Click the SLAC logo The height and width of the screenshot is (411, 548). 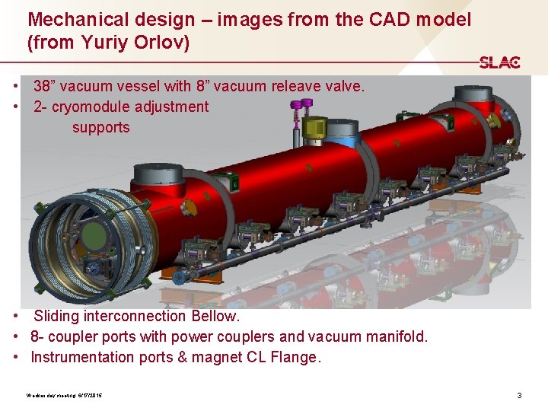coord(499,62)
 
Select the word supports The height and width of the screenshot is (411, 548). coord(100,127)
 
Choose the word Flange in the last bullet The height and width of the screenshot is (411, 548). coord(294,357)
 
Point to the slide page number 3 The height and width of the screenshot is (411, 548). coord(519,395)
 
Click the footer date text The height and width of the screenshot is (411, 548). coord(64,396)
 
